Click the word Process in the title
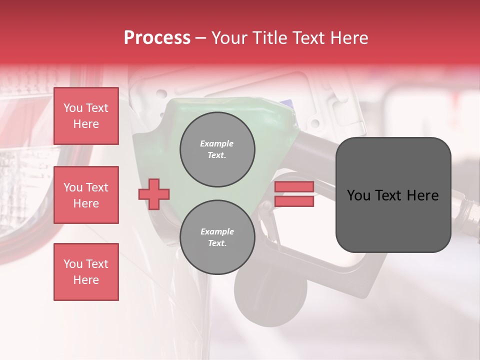point(157,38)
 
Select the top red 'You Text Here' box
point(86,116)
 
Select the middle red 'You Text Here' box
point(86,195)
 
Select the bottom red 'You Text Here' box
point(86,272)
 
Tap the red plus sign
point(154,194)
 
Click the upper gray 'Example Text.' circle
point(217,149)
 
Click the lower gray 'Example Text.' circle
point(217,237)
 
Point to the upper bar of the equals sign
point(294,187)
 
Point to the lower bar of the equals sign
point(294,201)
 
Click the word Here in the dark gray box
point(422,195)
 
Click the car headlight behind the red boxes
point(25,190)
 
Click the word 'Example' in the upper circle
point(217,143)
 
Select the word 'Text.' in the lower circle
point(217,243)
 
